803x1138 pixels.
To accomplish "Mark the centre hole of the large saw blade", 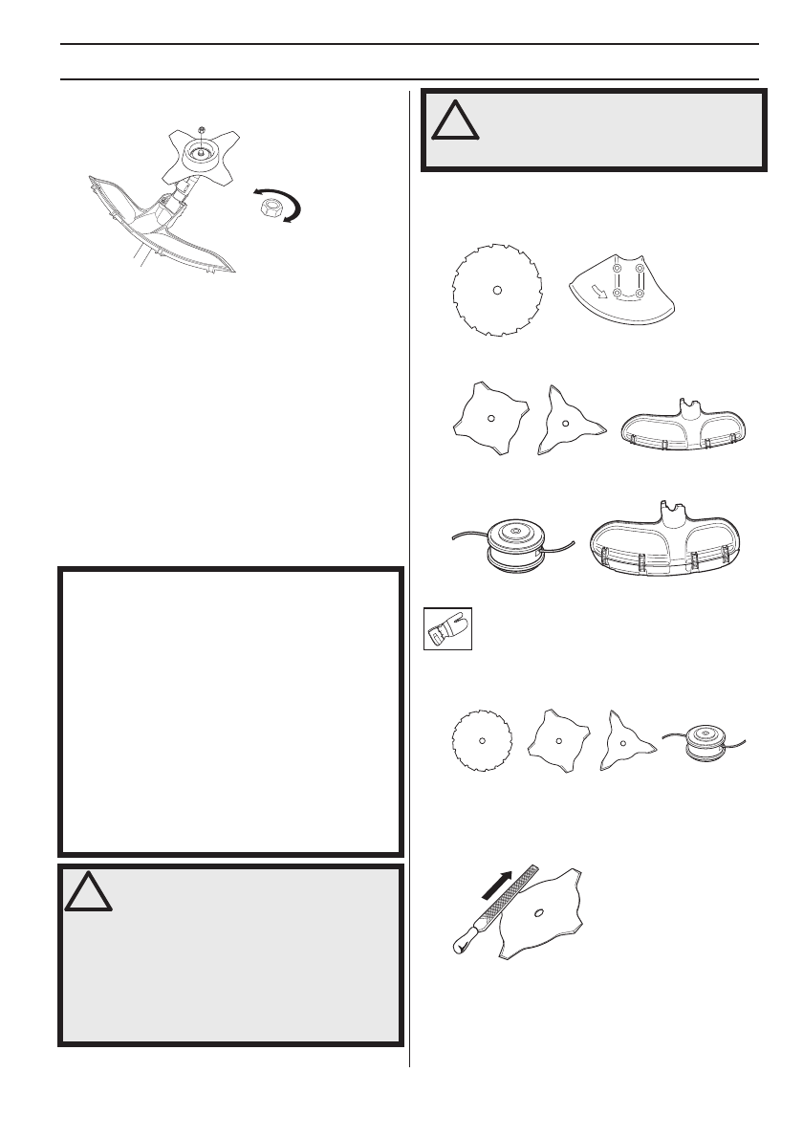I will (x=496, y=289).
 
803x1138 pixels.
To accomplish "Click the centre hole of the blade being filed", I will (x=541, y=913).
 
